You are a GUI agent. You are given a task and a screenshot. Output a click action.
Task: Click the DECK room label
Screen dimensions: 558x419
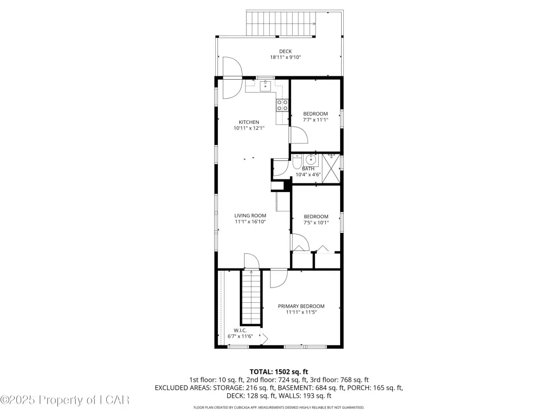[286, 51]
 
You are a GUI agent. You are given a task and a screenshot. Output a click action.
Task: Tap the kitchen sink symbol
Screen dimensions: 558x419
[265, 86]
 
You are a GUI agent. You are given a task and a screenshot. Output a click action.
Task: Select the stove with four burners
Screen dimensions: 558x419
[283, 105]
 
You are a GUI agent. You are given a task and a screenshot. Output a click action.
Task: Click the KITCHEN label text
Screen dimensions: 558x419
[248, 122]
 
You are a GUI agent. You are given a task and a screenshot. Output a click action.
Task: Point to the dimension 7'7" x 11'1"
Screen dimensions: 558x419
[316, 120]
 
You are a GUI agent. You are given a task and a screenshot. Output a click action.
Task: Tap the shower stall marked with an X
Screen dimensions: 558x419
[331, 169]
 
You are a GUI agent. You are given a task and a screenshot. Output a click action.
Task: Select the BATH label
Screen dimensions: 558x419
[308, 169]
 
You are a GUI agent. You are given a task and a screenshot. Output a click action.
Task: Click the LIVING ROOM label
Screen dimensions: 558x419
[250, 216]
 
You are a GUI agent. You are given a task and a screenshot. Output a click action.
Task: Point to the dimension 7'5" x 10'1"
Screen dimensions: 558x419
[316, 223]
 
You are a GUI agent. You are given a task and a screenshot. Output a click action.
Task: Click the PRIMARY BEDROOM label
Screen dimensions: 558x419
[301, 306]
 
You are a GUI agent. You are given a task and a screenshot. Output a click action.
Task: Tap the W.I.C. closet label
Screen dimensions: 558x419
[240, 330]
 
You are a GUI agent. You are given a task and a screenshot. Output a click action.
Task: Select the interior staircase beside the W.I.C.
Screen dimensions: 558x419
[252, 297]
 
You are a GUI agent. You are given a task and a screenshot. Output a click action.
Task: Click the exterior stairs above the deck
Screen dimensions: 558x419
[281, 23]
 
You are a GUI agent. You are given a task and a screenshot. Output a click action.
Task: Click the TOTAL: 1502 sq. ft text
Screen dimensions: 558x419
[278, 372]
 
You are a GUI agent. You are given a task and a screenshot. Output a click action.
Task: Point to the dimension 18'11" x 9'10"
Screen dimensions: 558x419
[286, 57]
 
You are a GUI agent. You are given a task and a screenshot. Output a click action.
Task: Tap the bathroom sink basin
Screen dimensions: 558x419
[311, 160]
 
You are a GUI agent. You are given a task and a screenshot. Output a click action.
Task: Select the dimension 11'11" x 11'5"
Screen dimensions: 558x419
[301, 313]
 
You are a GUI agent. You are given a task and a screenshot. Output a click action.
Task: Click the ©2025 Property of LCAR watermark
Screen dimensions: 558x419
[65, 400]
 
